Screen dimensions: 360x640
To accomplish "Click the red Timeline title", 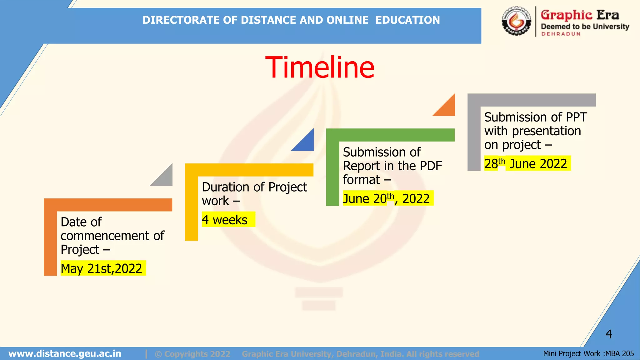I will point(320,67).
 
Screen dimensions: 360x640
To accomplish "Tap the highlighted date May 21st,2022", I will point(102,268).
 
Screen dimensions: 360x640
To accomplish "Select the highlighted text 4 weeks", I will point(225,220).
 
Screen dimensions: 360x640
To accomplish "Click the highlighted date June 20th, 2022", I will point(386,198).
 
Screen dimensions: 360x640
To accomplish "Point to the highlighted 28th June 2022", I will point(526,163).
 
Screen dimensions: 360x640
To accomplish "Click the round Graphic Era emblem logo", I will point(516,21).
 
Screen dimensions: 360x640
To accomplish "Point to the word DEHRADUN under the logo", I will point(561,34).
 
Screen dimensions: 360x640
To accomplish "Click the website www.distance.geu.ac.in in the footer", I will point(65,353).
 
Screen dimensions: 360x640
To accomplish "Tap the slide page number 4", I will point(609,334).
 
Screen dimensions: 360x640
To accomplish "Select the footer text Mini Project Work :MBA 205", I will point(588,353).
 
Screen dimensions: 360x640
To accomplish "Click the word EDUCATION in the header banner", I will point(407,20).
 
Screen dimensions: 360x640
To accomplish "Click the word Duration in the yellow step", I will point(226,187).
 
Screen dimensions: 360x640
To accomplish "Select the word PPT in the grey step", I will point(576,117).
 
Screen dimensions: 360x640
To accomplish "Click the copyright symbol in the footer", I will point(158,354).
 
